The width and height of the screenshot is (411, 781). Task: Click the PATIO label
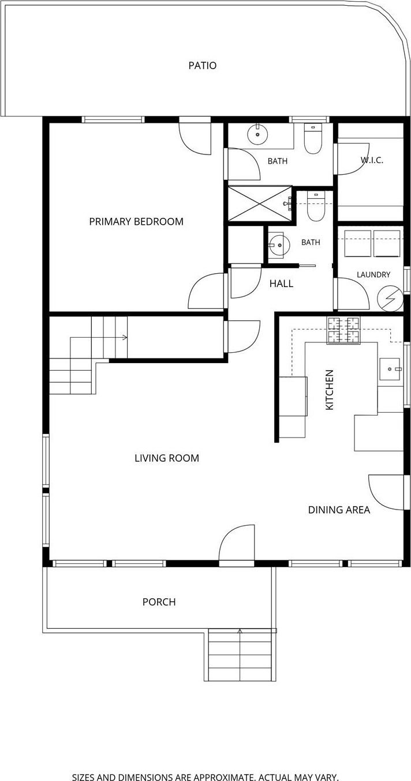coord(202,66)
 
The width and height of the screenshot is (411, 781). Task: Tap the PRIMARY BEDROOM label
coord(136,221)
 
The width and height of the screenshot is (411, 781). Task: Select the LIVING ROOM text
coord(167,458)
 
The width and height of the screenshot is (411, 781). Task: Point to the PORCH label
coord(159,602)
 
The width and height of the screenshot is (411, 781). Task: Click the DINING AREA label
coord(339,510)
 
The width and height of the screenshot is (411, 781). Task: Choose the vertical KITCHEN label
coord(329,390)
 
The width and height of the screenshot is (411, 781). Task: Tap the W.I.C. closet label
coord(372,160)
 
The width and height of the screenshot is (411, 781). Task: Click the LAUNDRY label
coord(373,274)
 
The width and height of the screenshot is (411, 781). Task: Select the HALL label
coord(281,284)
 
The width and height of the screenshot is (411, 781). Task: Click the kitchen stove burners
coord(343,330)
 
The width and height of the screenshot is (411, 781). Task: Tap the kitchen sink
coord(390,369)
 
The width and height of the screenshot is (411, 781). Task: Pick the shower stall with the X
coord(259,203)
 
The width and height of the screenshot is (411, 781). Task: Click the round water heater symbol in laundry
coord(390,298)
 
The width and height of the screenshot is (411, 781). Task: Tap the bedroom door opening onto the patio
coord(195,136)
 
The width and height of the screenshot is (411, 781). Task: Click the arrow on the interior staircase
coord(99,337)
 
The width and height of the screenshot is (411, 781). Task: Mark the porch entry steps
coord(239,655)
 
